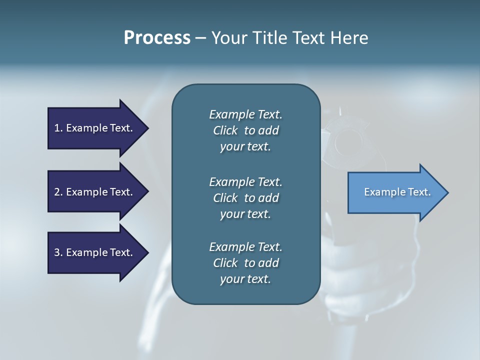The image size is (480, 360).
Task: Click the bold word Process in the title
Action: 157,38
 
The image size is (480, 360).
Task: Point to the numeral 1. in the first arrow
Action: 58,128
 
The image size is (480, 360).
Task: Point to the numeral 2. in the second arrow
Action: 58,192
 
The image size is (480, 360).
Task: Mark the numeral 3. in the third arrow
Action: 58,252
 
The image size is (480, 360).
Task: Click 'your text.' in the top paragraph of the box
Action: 245,147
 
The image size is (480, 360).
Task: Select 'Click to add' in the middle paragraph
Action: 245,198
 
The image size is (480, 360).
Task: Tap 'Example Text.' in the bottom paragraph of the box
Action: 245,247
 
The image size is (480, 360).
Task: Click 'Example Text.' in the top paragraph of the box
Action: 245,114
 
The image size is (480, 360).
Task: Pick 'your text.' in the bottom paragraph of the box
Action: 245,279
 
